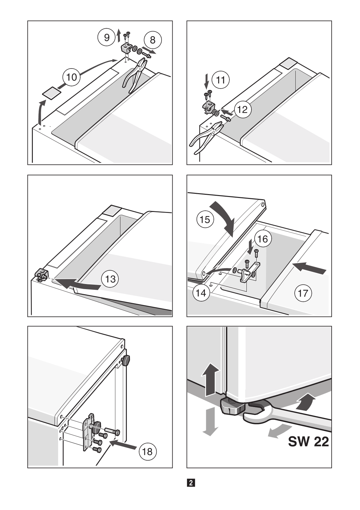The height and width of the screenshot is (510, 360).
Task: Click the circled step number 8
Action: (x=153, y=40)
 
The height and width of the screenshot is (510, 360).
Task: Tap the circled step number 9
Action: (x=107, y=38)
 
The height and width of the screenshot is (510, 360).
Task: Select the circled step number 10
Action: (x=72, y=77)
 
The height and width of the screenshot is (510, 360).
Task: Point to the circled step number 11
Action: (x=220, y=80)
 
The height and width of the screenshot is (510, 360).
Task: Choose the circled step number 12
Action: (x=242, y=109)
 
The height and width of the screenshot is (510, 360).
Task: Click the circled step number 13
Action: (x=110, y=279)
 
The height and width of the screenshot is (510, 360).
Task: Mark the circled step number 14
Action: (x=201, y=293)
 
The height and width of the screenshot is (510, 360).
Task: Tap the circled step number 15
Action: (x=205, y=220)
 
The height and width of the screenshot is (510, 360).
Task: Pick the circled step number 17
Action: (x=303, y=293)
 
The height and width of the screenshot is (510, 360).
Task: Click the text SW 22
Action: (x=308, y=442)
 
